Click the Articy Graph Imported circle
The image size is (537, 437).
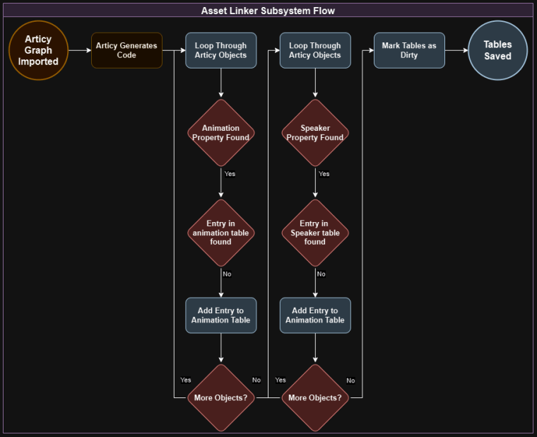click(38, 50)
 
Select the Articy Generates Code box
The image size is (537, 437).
click(126, 50)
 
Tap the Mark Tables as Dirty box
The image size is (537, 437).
click(409, 50)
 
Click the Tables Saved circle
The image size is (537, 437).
click(497, 50)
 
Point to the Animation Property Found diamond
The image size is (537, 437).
click(220, 133)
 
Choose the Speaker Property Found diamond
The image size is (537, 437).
click(315, 133)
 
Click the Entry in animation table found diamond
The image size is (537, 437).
click(220, 233)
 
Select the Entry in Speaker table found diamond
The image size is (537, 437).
click(315, 233)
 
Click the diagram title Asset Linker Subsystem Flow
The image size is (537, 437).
click(268, 11)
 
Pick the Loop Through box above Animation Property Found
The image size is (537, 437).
click(220, 50)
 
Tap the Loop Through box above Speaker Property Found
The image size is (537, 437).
click(315, 50)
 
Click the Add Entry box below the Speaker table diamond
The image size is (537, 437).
click(315, 315)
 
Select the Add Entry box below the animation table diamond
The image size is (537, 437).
click(220, 315)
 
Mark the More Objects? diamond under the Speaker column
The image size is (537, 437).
click(315, 397)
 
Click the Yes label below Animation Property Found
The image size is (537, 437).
click(230, 173)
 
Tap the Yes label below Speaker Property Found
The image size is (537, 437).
click(324, 173)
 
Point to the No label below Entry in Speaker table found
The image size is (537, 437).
click(321, 274)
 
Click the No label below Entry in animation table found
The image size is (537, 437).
click(227, 274)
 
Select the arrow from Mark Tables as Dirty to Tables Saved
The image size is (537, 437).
click(456, 50)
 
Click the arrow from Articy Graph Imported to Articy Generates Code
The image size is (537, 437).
click(80, 50)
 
